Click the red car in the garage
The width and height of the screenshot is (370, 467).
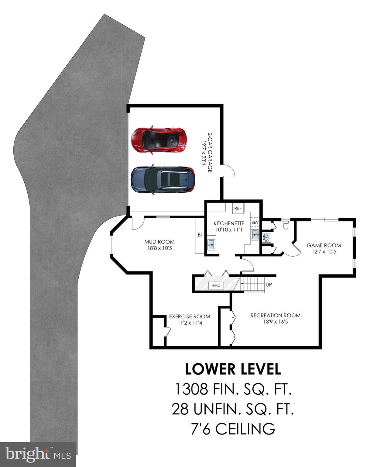(x=159, y=140)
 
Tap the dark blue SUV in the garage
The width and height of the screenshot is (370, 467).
(x=163, y=180)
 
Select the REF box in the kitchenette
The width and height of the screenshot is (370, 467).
(x=238, y=208)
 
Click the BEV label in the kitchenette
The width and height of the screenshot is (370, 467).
(x=255, y=223)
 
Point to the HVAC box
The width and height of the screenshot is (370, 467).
(x=216, y=285)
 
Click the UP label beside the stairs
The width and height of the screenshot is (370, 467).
(x=269, y=285)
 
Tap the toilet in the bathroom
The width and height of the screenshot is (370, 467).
(x=285, y=225)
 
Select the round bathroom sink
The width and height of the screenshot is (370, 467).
(x=266, y=237)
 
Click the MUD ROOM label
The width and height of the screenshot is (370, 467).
(x=159, y=242)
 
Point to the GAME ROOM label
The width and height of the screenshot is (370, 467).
(x=324, y=245)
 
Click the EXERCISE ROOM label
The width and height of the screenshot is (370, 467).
(x=190, y=317)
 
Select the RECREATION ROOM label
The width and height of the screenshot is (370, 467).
(x=275, y=316)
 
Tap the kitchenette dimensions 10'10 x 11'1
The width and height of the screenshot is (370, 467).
(x=229, y=230)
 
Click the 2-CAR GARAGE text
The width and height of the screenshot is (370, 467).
(x=210, y=152)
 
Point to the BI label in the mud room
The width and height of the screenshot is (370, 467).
(x=200, y=235)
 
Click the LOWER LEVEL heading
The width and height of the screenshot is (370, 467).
(x=233, y=369)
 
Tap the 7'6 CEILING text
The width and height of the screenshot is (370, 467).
(x=233, y=429)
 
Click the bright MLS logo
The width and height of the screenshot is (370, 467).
(x=38, y=455)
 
